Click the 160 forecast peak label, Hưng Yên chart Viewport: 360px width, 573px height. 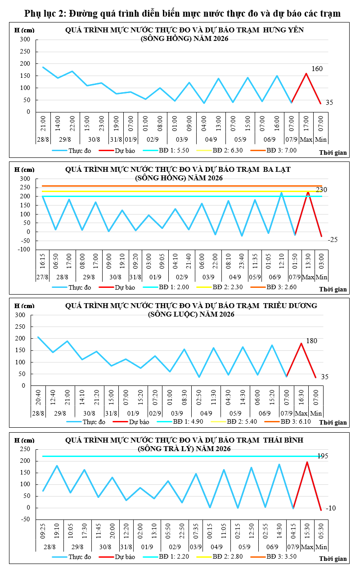(x=317, y=68)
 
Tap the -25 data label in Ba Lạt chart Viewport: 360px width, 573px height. (x=333, y=239)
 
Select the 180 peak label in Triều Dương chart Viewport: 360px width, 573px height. (x=311, y=341)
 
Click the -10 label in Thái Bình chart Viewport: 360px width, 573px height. (x=331, y=508)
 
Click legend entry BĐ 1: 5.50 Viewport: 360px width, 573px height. (x=166, y=150)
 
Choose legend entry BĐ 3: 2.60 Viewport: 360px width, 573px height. (x=274, y=287)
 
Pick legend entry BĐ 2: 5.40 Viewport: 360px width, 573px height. (x=234, y=421)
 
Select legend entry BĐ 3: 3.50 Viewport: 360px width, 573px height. (x=274, y=556)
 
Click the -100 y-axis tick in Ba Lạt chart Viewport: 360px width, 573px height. (x=24, y=249)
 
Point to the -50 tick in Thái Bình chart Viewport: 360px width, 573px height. (x=25, y=519)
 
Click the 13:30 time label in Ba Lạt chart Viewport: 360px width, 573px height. (x=308, y=261)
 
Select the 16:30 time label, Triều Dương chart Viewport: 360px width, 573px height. (x=301, y=397)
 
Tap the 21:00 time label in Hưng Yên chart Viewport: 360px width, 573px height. (x=43, y=123)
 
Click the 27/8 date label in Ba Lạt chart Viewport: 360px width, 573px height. (x=42, y=277)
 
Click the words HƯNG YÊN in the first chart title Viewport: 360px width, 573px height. (x=283, y=30)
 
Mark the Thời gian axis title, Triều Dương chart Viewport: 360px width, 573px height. (x=333, y=422)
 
